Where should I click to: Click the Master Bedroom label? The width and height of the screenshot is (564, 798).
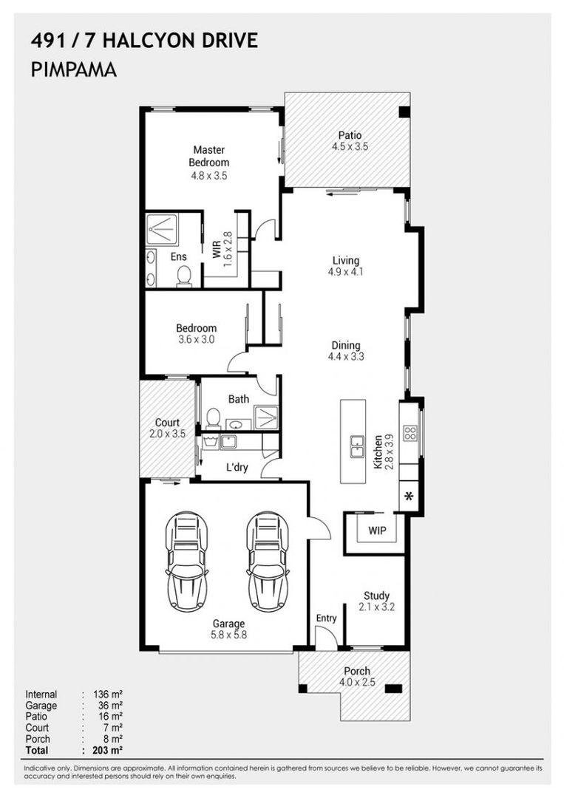(x=208, y=156)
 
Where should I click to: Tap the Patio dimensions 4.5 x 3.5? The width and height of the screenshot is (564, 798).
(x=350, y=146)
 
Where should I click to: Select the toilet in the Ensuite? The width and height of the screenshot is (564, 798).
(x=184, y=276)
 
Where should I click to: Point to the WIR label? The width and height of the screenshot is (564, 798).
(x=217, y=249)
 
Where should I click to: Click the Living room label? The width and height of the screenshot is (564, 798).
(x=346, y=261)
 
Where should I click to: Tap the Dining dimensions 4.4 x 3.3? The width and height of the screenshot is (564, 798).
(x=346, y=357)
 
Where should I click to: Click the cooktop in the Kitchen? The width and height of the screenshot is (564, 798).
(x=410, y=433)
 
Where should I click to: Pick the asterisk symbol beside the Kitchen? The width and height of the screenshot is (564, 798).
(x=408, y=497)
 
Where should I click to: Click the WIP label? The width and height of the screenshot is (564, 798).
(x=377, y=531)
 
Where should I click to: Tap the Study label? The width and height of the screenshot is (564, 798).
(x=377, y=596)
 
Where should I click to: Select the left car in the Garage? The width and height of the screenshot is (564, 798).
(x=186, y=562)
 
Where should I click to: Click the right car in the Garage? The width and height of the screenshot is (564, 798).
(x=268, y=562)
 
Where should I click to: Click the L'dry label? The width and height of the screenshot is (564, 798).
(x=237, y=467)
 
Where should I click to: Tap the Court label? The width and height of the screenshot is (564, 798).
(x=167, y=423)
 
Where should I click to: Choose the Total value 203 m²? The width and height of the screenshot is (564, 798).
(x=107, y=750)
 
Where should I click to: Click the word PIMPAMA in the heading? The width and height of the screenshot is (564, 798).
(x=74, y=69)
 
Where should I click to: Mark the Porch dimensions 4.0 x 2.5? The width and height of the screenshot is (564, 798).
(x=357, y=682)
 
